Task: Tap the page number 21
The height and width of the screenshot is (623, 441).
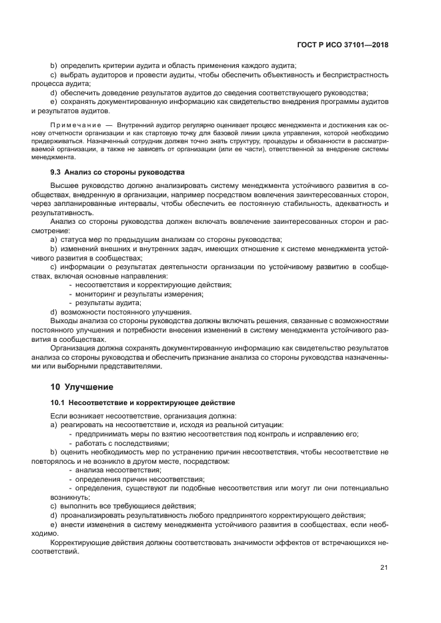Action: pyautogui.click(x=384, y=567)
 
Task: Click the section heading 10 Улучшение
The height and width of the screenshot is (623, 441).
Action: pyautogui.click(x=82, y=386)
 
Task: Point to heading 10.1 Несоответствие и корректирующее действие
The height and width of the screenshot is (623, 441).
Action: pyautogui.click(x=142, y=403)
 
